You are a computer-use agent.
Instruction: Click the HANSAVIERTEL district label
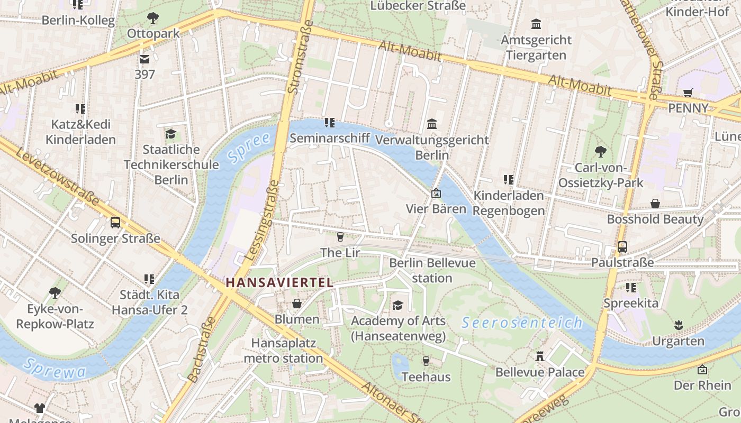click(x=279, y=282)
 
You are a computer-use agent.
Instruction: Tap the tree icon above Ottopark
click(x=153, y=18)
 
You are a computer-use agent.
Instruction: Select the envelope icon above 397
click(x=144, y=59)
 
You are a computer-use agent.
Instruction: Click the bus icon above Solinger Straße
click(x=115, y=223)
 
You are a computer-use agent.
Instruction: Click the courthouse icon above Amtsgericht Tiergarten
click(x=536, y=24)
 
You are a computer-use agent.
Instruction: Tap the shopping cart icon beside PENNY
click(x=688, y=93)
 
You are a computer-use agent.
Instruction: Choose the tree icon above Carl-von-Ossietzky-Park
click(x=600, y=152)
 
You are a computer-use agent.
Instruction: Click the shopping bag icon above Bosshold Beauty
click(x=655, y=204)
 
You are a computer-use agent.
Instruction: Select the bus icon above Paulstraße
click(x=622, y=247)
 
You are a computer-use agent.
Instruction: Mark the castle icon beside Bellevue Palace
click(x=540, y=356)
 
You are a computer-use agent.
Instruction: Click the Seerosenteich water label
click(x=522, y=322)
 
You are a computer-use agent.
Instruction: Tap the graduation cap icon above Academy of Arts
click(x=397, y=305)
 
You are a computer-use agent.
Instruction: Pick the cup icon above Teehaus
click(x=426, y=361)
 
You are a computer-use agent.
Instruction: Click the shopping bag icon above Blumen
click(x=297, y=304)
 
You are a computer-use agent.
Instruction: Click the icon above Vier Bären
click(x=436, y=194)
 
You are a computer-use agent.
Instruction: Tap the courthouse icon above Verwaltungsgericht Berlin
click(x=432, y=124)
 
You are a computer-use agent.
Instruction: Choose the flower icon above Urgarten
click(x=678, y=325)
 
